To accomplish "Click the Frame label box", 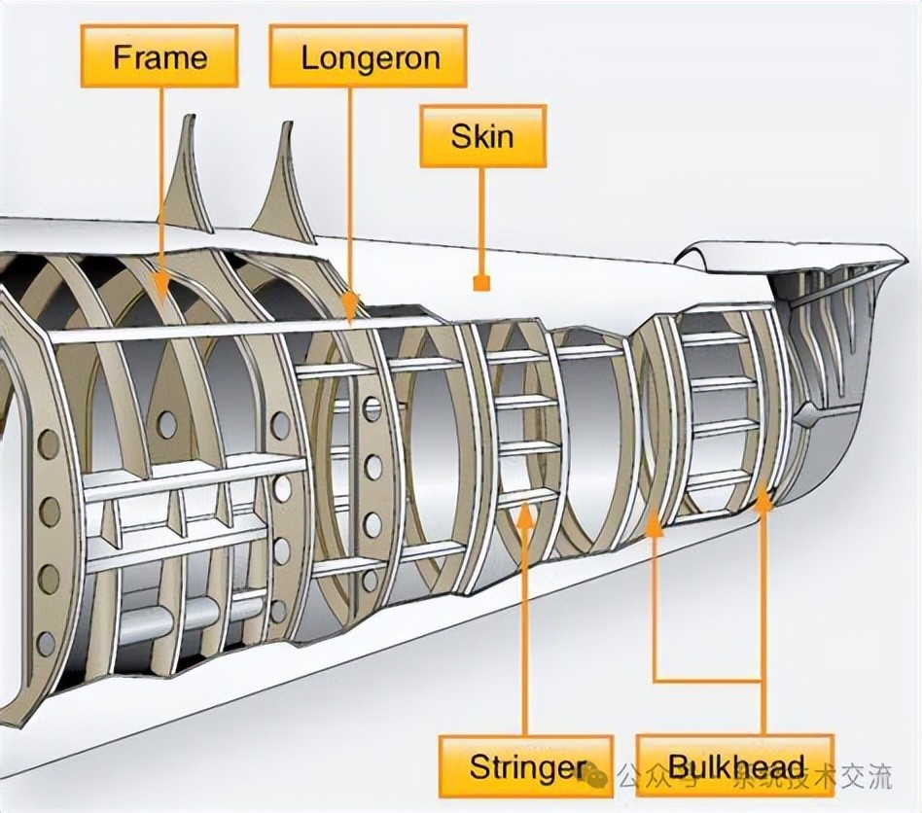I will (159, 56).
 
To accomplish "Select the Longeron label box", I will (368, 56).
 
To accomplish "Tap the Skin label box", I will (482, 135).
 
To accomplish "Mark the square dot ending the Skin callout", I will (479, 284).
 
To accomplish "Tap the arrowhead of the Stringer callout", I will (525, 513).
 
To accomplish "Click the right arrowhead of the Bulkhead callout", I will (764, 500).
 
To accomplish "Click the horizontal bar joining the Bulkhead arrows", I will (709, 679).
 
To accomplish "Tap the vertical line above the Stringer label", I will (525, 632).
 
